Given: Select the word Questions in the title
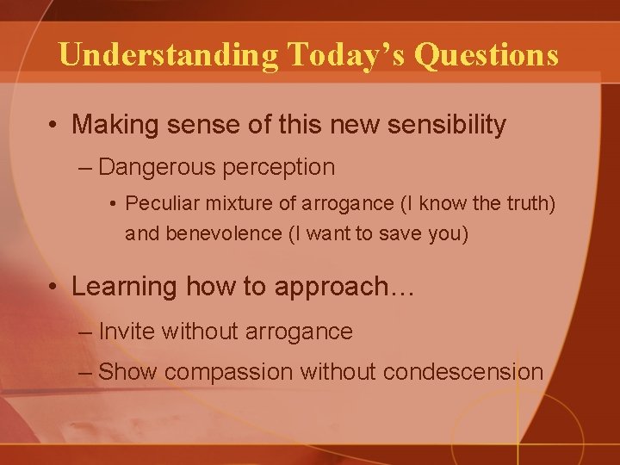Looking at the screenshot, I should click(x=487, y=55).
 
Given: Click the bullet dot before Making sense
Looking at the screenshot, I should click(x=53, y=126).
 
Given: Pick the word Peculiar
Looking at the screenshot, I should click(x=156, y=205).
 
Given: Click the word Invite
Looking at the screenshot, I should click(x=127, y=331).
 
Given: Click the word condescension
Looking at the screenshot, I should click(x=463, y=372).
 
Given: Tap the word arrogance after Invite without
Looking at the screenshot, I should click(x=303, y=331).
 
